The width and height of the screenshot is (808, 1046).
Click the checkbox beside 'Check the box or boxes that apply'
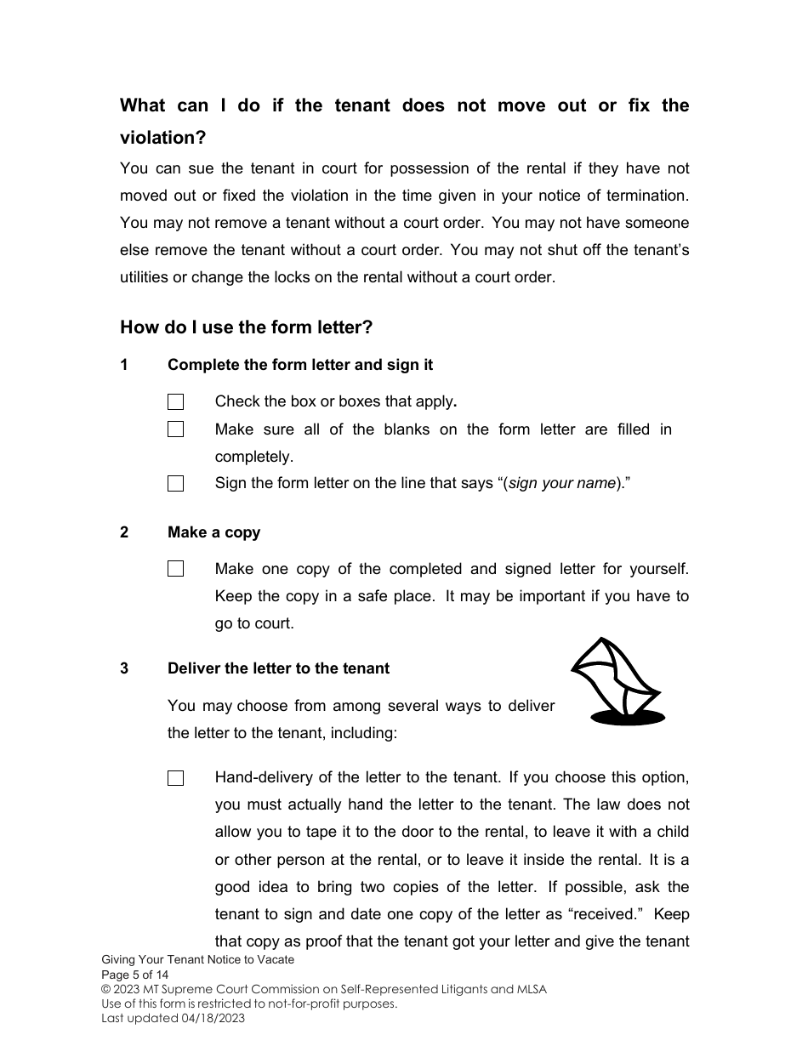tap(175, 402)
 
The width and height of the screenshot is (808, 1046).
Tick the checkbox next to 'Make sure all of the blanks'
tap(175, 429)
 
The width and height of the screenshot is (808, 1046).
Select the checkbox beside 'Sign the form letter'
tap(175, 484)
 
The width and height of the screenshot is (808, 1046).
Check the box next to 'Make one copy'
tap(175, 569)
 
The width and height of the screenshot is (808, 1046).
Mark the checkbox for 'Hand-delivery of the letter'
tap(175, 778)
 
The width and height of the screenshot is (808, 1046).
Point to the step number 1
tap(124, 365)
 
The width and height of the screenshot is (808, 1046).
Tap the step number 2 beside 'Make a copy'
tap(124, 532)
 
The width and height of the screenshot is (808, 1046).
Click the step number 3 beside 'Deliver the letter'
tap(124, 668)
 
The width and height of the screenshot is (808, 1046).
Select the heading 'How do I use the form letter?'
tap(246, 327)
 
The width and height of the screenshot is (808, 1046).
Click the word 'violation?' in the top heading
tap(162, 138)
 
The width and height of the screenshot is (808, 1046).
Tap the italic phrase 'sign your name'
tap(561, 484)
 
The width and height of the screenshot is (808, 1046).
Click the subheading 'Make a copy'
tap(213, 532)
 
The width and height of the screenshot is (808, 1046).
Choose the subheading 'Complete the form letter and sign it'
tap(299, 365)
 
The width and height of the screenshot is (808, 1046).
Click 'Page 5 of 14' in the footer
tap(135, 975)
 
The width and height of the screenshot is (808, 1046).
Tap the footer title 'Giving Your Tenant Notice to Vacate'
tap(197, 959)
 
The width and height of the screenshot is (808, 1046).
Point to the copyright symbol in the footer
tap(105, 989)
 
